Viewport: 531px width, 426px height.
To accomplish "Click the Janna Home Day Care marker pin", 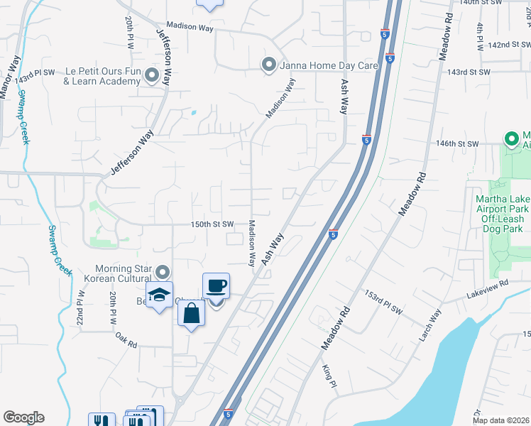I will click(268, 65).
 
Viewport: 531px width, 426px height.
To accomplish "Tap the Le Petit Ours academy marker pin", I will click(151, 75).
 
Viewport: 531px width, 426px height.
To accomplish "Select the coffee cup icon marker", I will click(216, 287).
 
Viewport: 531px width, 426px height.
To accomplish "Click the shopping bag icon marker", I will click(192, 313).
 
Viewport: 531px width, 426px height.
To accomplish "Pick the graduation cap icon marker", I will click(160, 295).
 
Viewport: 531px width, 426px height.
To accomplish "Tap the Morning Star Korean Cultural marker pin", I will click(163, 272).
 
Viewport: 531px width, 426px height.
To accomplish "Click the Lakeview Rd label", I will click(488, 288).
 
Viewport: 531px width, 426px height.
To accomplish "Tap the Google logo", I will click(23, 417).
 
